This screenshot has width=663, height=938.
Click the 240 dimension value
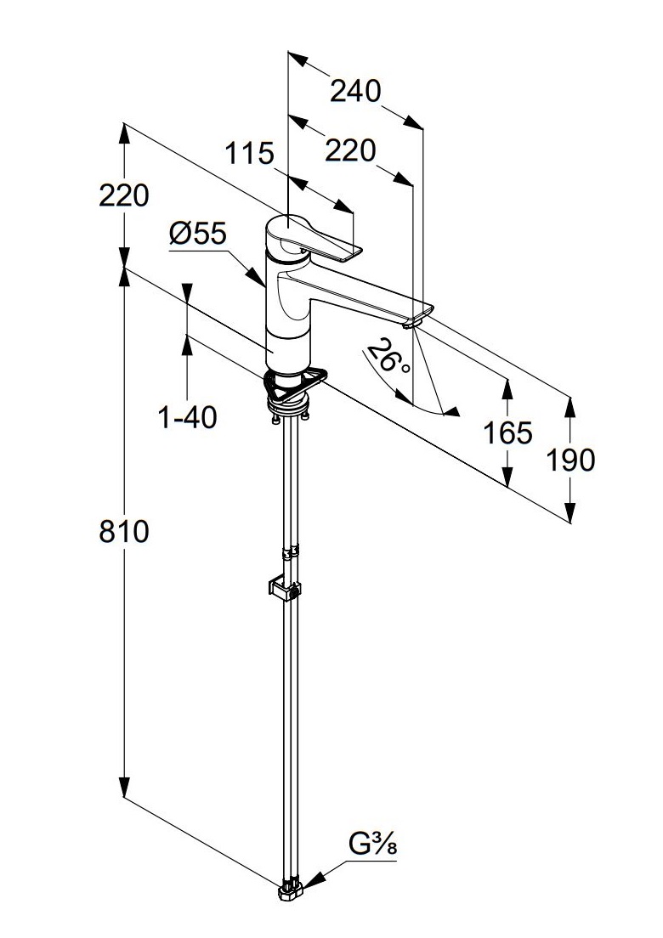(355, 91)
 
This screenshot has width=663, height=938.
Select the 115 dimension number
(250, 154)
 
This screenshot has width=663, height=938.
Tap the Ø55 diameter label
(198, 234)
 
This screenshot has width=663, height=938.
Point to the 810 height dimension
(124, 532)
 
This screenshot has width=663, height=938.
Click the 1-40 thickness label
(188, 417)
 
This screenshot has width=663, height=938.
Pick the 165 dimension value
(507, 432)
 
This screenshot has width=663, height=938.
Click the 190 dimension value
(570, 460)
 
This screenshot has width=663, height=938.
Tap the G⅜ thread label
(373, 845)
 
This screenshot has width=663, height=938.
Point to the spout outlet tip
(414, 321)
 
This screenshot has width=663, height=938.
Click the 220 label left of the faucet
(124, 195)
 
